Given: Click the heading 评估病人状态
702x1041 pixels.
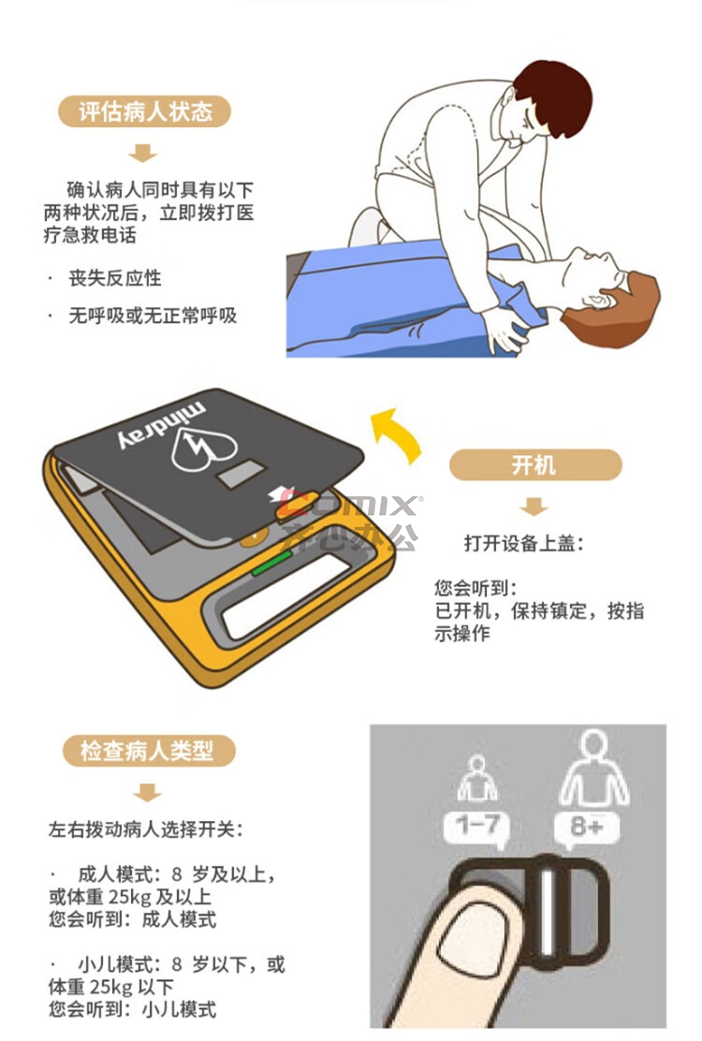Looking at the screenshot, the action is coord(145,111).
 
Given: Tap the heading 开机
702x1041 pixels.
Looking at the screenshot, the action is coord(534,464).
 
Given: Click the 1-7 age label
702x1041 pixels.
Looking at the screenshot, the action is coord(476,826).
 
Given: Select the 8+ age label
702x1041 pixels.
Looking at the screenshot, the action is coord(587,828).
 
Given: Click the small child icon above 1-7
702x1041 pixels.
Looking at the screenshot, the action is coord(476,778).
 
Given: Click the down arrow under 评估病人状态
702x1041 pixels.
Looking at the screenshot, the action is coord(142,153).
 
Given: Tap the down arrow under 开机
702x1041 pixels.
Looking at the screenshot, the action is coord(534,506).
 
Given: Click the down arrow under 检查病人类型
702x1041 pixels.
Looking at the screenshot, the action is coord(147,792).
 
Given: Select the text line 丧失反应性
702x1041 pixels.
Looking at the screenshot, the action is coord(115,277).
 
